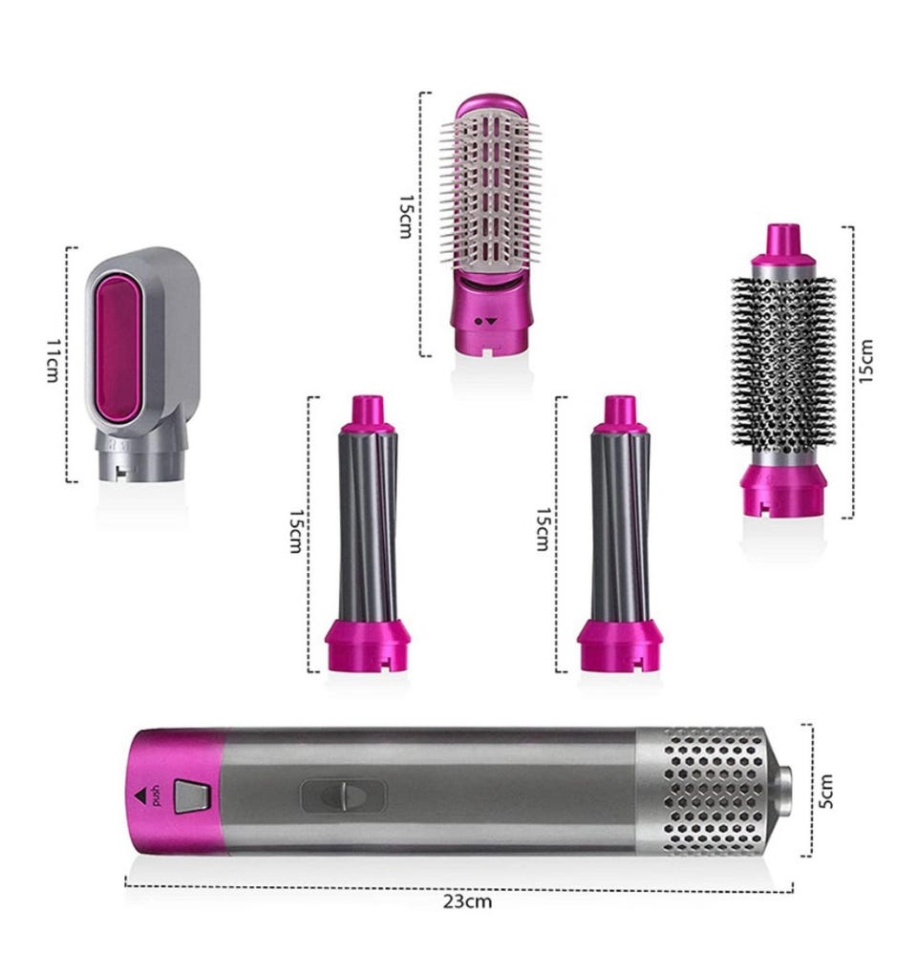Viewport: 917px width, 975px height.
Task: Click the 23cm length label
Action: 467,901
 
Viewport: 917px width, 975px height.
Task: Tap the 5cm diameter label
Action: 824,791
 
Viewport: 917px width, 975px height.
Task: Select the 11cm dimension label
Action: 53,361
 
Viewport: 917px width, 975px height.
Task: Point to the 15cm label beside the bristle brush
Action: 406,217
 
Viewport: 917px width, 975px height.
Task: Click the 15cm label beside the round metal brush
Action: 866,361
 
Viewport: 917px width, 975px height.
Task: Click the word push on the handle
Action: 155,795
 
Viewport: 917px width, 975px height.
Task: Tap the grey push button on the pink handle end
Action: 192,796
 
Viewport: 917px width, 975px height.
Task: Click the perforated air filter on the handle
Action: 713,790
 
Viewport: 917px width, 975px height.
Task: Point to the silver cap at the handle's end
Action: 784,790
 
